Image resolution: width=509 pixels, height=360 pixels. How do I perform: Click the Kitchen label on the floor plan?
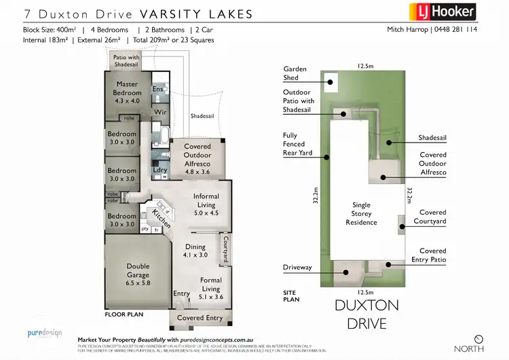click(160, 217)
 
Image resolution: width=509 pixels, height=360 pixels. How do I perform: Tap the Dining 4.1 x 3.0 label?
click(195, 251)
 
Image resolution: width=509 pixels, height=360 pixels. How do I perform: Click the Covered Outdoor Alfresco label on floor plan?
click(197, 159)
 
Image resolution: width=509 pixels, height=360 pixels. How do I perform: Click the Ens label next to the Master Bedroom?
click(157, 89)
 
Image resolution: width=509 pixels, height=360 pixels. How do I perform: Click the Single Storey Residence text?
click(360, 213)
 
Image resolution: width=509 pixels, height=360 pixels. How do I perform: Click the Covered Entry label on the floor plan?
click(200, 318)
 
